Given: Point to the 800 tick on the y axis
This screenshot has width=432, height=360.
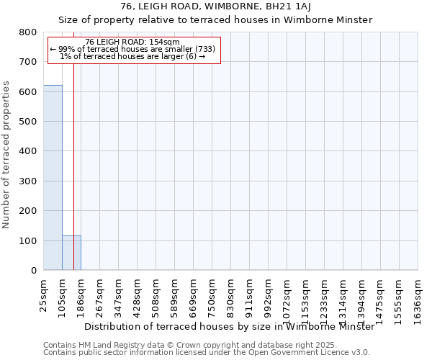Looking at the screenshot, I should [x=29, y=32].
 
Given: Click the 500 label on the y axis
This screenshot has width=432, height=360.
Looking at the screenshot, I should [x=29, y=122].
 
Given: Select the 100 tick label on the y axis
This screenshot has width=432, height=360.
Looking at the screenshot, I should [x=29, y=240].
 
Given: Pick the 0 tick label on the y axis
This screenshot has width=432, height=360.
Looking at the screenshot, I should [x=33, y=271].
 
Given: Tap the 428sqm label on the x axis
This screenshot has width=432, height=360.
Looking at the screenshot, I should [x=138, y=294].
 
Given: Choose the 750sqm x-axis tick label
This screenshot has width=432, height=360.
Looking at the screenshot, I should [x=212, y=294].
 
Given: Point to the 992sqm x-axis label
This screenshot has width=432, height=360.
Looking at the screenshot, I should [x=269, y=294].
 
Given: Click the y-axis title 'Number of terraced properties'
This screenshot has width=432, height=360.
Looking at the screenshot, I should [x=6, y=155].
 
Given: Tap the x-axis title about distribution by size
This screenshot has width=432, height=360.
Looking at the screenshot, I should [x=229, y=326].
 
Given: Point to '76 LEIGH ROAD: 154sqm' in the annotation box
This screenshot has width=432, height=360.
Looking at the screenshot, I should [x=132, y=42].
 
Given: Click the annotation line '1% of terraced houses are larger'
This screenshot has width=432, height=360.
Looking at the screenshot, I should [x=132, y=57].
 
